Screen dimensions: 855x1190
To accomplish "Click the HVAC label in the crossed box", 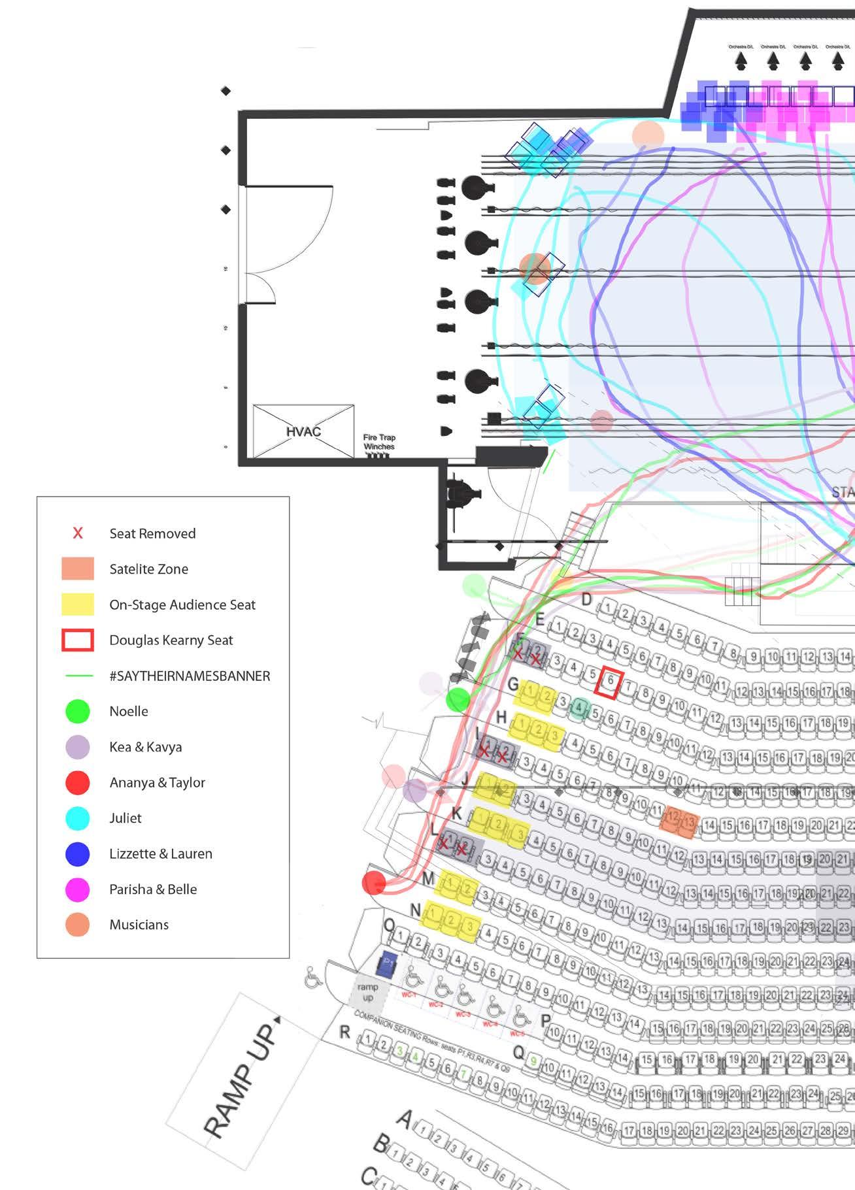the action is pyautogui.click(x=303, y=431).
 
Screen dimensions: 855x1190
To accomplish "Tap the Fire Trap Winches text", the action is pyautogui.click(x=379, y=442).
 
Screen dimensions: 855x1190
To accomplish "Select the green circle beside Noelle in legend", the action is pyautogui.click(x=78, y=711).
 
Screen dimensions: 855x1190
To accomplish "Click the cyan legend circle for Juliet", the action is pyautogui.click(x=78, y=818).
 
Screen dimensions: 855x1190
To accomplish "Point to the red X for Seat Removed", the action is pyautogui.click(x=78, y=533).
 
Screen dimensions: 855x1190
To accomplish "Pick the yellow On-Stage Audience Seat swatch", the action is pyautogui.click(x=78, y=604).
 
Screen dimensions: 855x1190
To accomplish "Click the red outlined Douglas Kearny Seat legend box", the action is pyautogui.click(x=78, y=640).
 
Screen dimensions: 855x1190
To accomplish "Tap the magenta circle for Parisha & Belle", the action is pyautogui.click(x=78, y=889).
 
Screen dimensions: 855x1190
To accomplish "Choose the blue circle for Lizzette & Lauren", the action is pyautogui.click(x=78, y=853).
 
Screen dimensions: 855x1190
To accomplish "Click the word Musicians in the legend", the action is pyautogui.click(x=139, y=925).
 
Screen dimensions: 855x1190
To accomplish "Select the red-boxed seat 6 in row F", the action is pyautogui.click(x=609, y=681).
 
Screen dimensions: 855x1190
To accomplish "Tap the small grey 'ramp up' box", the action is pyautogui.click(x=368, y=992).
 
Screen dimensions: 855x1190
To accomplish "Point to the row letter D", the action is pyautogui.click(x=586, y=599).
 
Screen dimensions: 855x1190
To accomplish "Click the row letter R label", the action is pyautogui.click(x=344, y=1032).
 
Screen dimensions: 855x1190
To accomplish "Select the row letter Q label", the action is pyautogui.click(x=518, y=1052).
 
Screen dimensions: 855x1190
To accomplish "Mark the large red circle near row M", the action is pyautogui.click(x=374, y=883).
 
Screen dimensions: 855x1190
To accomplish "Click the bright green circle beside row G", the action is pyautogui.click(x=458, y=700).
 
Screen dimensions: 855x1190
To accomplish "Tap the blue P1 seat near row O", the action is pyautogui.click(x=387, y=963).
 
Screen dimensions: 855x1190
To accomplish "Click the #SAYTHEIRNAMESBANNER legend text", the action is pyautogui.click(x=190, y=676).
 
